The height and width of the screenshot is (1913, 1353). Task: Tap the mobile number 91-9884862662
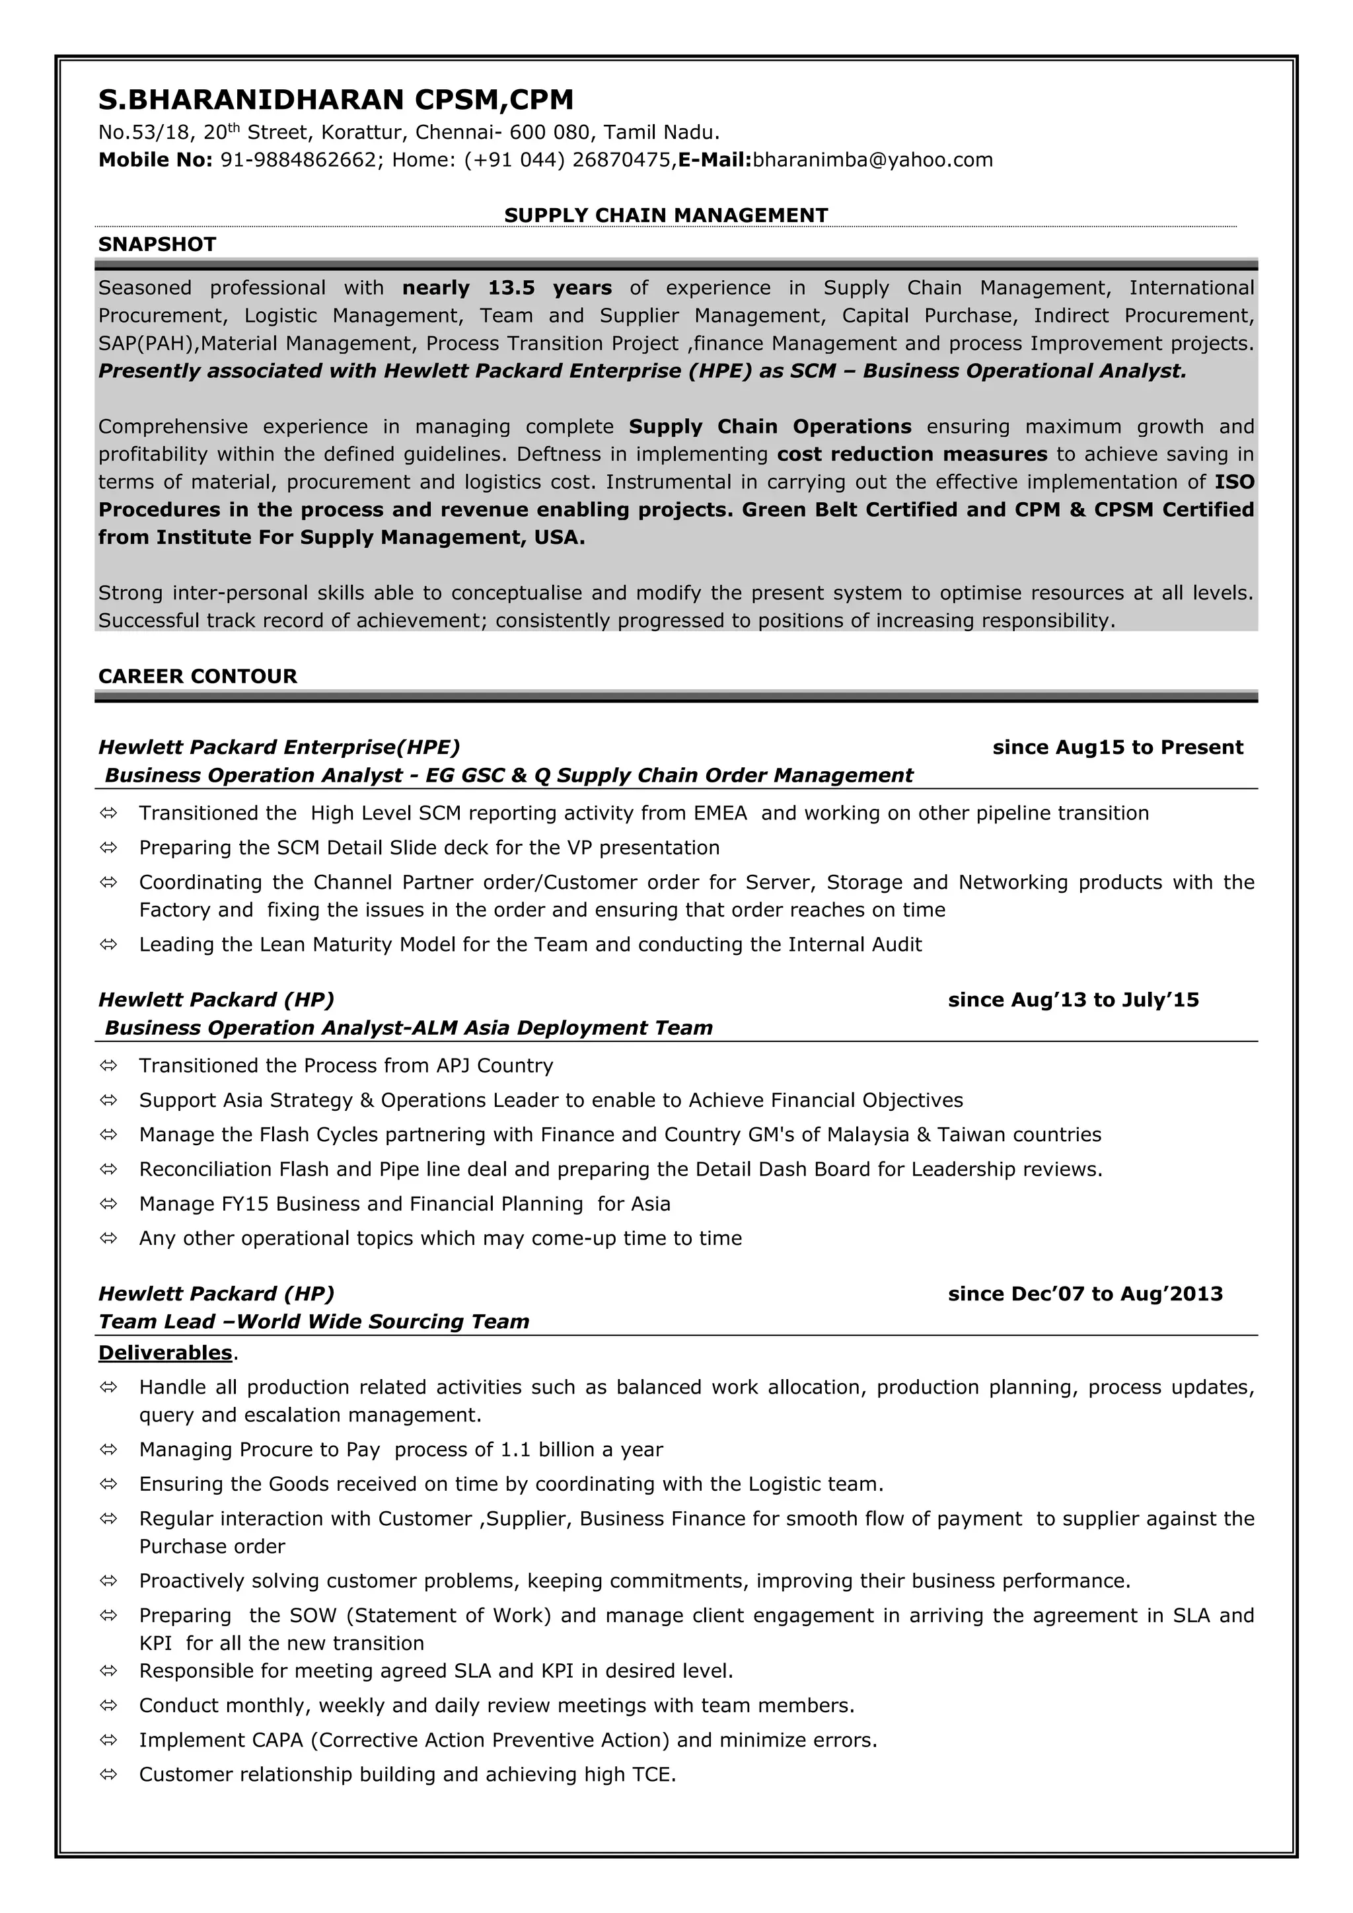point(297,160)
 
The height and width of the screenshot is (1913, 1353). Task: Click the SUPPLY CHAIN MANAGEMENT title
point(666,215)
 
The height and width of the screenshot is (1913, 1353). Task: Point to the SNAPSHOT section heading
point(157,244)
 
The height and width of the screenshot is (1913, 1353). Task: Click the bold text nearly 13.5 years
point(507,288)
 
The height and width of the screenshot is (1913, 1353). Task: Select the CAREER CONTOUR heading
point(198,676)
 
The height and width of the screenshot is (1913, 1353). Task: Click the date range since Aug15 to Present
point(1117,747)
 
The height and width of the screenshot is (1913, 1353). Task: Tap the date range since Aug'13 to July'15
point(1073,1000)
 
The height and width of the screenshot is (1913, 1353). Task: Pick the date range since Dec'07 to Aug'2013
point(1085,1294)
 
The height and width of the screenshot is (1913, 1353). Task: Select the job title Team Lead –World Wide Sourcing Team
point(313,1322)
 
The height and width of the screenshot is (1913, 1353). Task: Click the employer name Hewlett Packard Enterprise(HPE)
point(278,747)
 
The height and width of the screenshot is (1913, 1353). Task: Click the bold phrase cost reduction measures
point(912,454)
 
